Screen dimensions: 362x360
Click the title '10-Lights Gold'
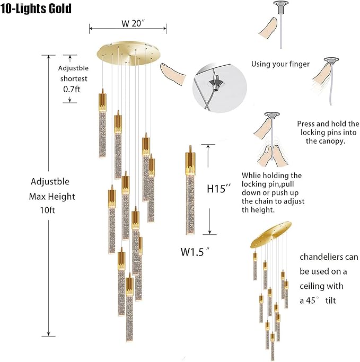pyautogui.click(x=37, y=9)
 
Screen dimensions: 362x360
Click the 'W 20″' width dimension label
pyautogui.click(x=127, y=24)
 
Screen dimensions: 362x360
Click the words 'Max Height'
pyautogui.click(x=52, y=196)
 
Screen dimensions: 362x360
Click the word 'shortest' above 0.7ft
pyautogui.click(x=73, y=78)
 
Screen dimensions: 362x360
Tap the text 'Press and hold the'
pyautogui.click(x=328, y=123)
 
